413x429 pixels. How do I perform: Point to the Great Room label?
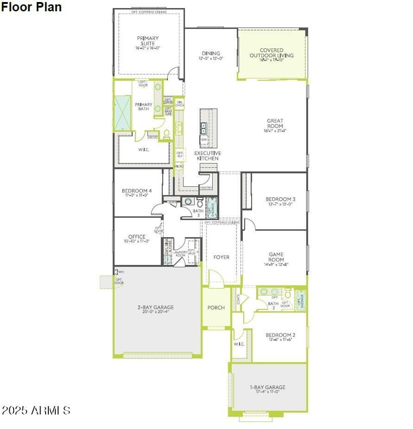point(275,123)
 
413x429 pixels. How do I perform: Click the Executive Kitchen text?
point(208,156)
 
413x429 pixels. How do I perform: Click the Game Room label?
point(276,257)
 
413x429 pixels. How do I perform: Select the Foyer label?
point(221,257)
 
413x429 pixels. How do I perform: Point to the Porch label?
point(216,308)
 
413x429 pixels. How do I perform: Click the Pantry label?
point(206,187)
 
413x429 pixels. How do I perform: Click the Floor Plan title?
point(31,7)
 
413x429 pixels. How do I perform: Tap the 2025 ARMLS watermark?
point(36,410)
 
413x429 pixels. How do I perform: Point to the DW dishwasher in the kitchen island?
point(204,140)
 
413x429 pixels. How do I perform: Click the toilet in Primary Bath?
point(166,134)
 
